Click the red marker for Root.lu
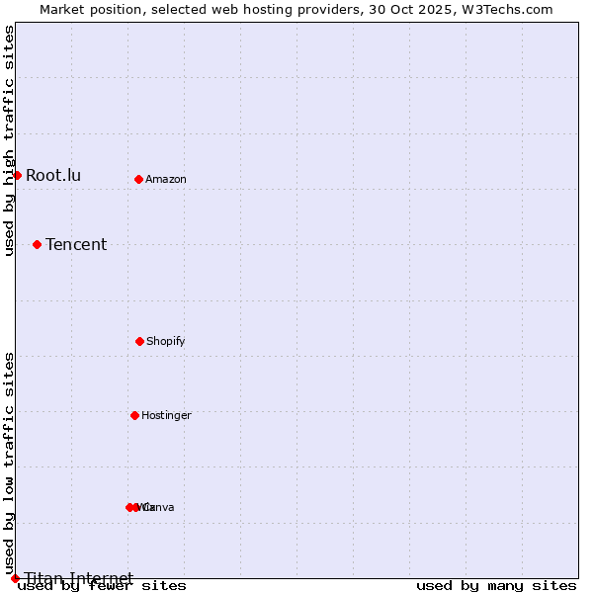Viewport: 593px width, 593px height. click(x=17, y=175)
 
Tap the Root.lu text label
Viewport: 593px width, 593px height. click(x=53, y=176)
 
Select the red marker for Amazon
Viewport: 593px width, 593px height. click(x=138, y=179)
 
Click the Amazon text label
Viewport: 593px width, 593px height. click(x=166, y=180)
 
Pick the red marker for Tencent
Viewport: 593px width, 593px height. click(x=37, y=244)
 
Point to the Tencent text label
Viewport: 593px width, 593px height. click(x=76, y=245)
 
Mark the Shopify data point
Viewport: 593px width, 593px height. click(x=139, y=341)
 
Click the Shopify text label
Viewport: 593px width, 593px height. click(x=166, y=342)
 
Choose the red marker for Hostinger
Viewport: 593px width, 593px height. click(x=134, y=415)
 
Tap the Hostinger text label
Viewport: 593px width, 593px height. click(x=166, y=416)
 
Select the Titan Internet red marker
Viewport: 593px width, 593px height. click(x=15, y=578)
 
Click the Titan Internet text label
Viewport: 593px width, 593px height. click(x=79, y=578)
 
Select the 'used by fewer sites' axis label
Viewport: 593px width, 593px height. click(x=102, y=586)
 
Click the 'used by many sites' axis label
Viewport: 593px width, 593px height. click(x=496, y=586)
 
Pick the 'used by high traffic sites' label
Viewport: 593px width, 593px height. click(x=10, y=141)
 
